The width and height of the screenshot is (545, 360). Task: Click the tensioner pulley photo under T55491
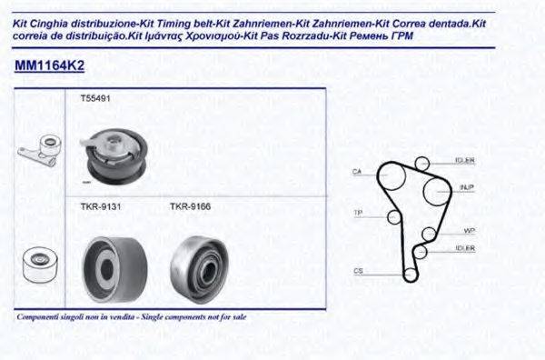click(x=115, y=156)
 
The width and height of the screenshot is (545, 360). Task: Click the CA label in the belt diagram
click(x=358, y=171)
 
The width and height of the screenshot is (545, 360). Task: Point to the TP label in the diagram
click(x=357, y=213)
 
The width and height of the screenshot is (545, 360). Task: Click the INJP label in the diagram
click(x=466, y=188)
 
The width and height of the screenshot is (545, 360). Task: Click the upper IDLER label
click(x=464, y=161)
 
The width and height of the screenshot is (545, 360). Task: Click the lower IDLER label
click(x=464, y=247)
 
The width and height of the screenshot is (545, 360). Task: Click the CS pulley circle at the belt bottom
click(x=411, y=273)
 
